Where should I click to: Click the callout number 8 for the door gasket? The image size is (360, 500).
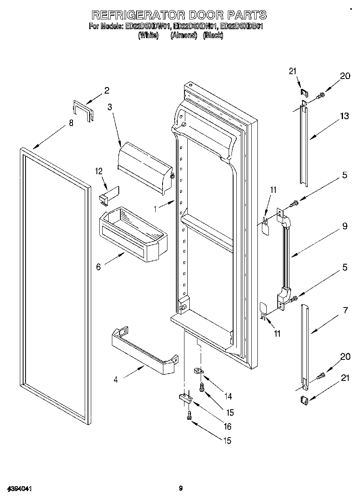(71, 123)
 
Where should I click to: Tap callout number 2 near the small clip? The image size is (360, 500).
(107, 91)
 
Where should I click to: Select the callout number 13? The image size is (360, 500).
(344, 117)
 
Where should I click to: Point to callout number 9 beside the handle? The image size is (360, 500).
(344, 226)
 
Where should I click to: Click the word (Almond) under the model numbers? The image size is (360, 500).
(184, 36)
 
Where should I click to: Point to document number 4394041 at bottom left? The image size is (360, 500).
(19, 489)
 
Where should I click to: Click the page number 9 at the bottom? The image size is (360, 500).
(180, 488)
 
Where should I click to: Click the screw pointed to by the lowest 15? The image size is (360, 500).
(189, 415)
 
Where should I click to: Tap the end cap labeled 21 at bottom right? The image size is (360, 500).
(304, 401)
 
